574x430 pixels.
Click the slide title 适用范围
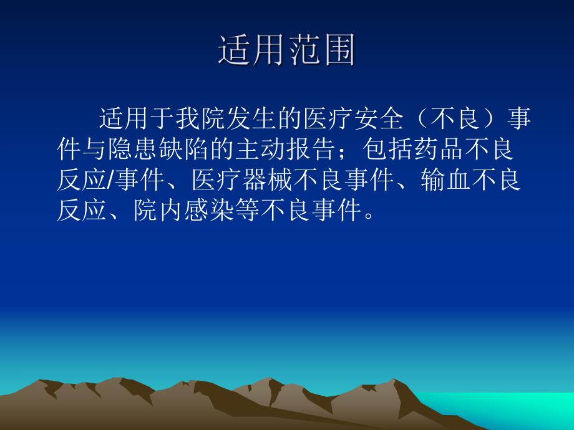286,50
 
